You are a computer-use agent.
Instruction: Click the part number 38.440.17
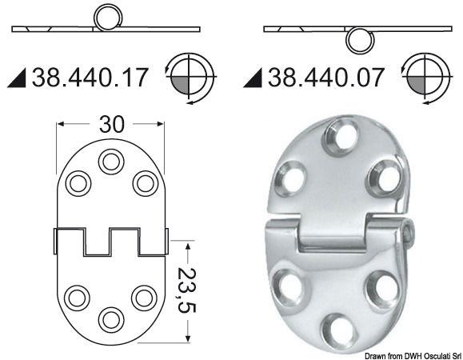click(x=90, y=78)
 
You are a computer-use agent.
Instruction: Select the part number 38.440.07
click(x=326, y=78)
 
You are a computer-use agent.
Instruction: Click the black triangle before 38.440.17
click(x=19, y=78)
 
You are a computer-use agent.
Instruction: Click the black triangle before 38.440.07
click(x=254, y=78)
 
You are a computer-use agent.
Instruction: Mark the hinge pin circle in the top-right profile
click(x=357, y=38)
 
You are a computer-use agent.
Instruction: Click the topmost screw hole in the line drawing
click(x=110, y=162)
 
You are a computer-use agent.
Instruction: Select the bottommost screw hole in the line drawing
click(x=110, y=318)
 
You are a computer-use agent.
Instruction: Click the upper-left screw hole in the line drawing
click(x=78, y=183)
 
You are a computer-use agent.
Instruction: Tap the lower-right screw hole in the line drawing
click(x=144, y=297)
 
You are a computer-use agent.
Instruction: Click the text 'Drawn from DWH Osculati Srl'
click(x=403, y=354)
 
